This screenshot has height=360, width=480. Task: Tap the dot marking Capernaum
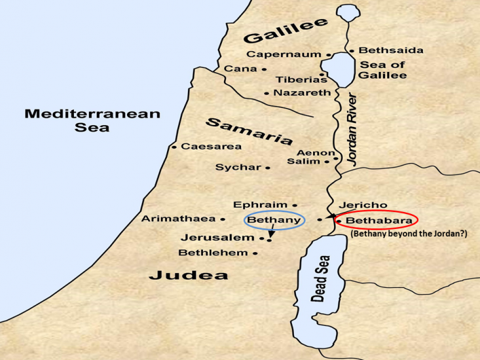coord(327,54)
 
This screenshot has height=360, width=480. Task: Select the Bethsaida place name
coord(391,50)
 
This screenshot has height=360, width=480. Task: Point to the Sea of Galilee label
coord(383,69)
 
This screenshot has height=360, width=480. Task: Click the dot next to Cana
coord(264,69)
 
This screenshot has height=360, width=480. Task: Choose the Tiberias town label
coord(297,80)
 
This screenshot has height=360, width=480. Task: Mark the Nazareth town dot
coord(267,94)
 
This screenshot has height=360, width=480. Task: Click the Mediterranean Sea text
coord(92,120)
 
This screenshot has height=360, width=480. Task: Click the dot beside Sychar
coord(268,168)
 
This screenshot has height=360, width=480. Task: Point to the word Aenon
coord(316,153)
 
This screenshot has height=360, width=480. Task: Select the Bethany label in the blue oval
coord(274,220)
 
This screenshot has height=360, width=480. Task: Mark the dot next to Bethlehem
coord(255,253)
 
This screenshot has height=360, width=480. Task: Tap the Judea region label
coord(189,276)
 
